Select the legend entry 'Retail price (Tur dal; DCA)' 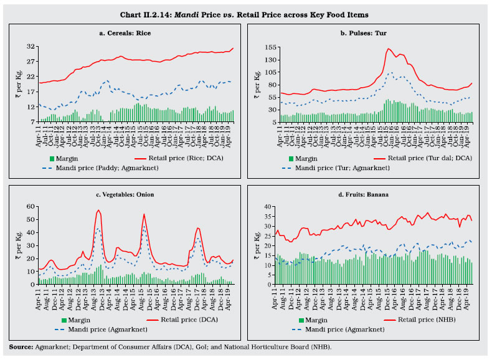click(428, 158)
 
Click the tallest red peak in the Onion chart click(98, 211)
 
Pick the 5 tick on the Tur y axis click(272, 122)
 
